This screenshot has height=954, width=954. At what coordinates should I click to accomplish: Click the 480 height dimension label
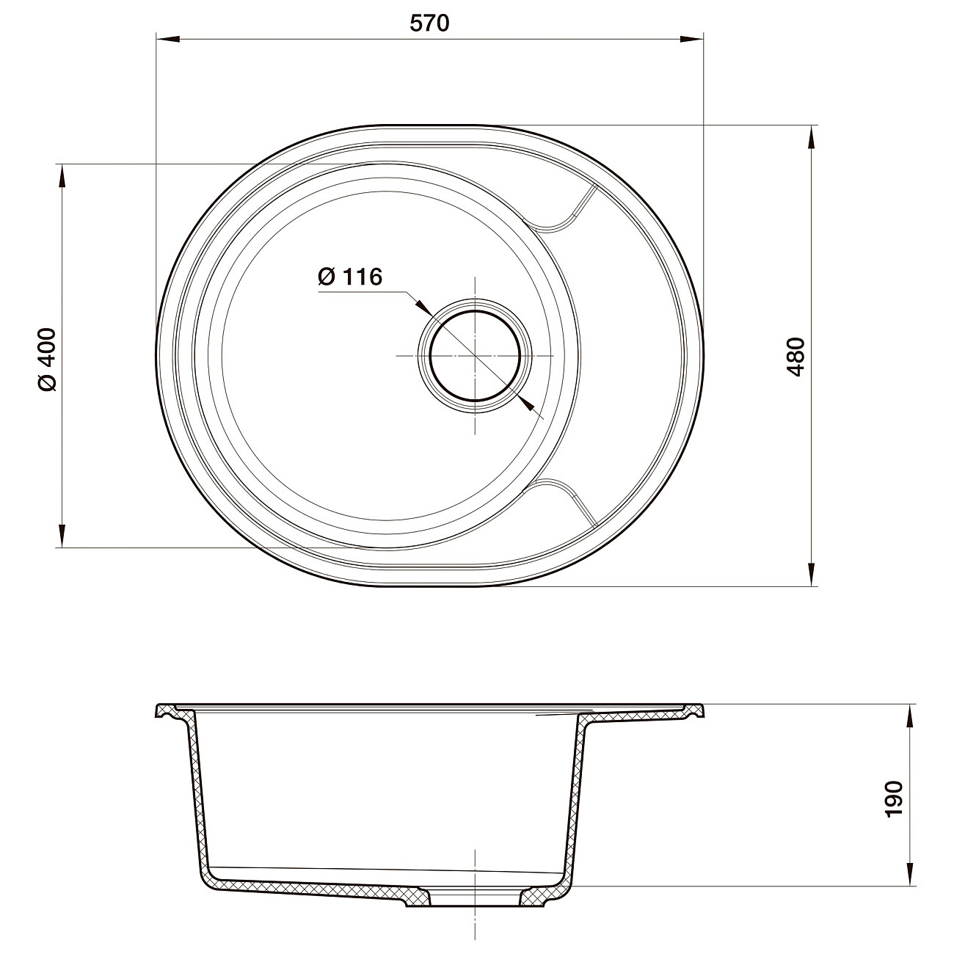pyautogui.click(x=796, y=357)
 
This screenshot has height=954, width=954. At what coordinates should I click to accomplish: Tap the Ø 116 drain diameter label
pyautogui.click(x=350, y=277)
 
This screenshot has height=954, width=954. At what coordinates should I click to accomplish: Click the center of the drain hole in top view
pyautogui.click(x=476, y=355)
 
